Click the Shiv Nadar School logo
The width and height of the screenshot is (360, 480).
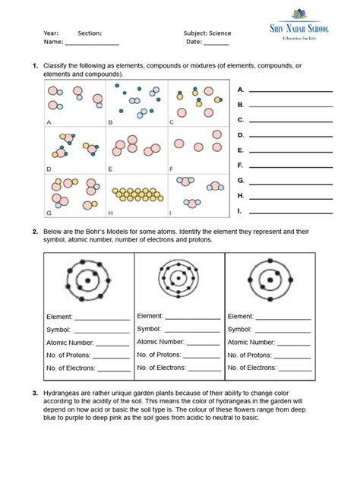[x=312, y=24]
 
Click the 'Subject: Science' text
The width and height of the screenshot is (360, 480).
[x=207, y=33]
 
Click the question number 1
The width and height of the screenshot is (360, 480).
[x=35, y=66]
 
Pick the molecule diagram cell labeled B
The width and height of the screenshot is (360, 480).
[x=137, y=103]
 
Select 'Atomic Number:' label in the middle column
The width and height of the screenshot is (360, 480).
[x=161, y=342]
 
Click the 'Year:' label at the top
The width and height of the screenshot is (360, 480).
[x=51, y=33]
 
